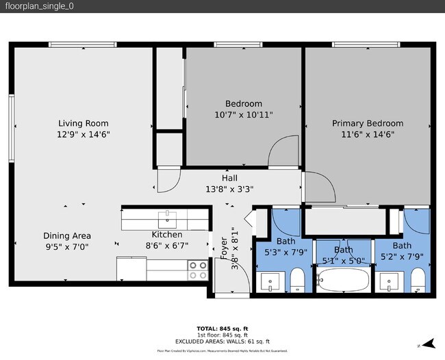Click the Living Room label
[84, 123]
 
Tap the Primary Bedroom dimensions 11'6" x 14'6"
[368, 135]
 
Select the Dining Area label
[67, 235]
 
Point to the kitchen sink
[168, 219]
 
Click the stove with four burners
[198, 270]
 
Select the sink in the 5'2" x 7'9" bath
[391, 281]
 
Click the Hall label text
[229, 178]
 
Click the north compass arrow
[428, 344]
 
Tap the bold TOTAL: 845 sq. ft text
[222, 328]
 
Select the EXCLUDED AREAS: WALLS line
[222, 341]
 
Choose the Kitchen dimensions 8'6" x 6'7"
[166, 246]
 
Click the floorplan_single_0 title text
[40, 6]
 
